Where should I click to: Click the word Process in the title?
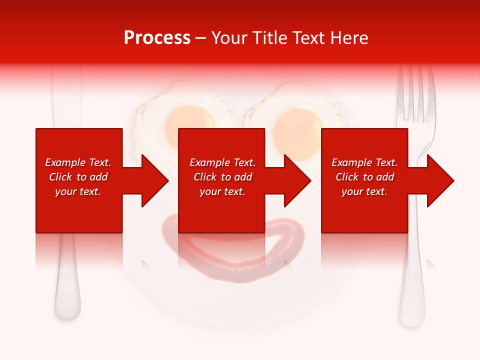[x=157, y=38]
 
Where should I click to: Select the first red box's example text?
[x=78, y=177]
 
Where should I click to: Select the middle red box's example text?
[x=222, y=177]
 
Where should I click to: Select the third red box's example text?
[x=364, y=177]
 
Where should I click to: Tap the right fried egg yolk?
[x=298, y=124]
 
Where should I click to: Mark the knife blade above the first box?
[x=66, y=100]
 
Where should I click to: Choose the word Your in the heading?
[x=229, y=38]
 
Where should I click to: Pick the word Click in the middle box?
[x=204, y=177]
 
